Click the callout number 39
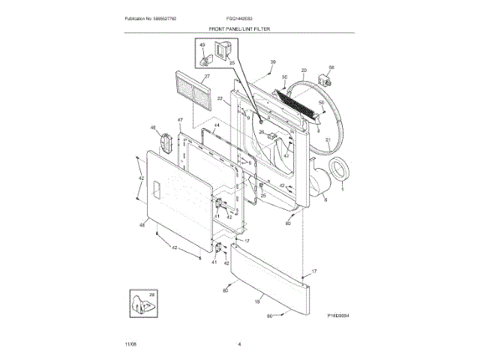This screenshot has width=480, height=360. [x=273, y=61]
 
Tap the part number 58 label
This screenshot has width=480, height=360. [x=331, y=67]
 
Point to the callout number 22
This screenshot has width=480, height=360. [x=220, y=98]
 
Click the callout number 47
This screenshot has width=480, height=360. [x=180, y=120]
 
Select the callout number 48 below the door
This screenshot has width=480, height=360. [x=142, y=224]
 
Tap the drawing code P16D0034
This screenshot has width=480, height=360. [x=339, y=316]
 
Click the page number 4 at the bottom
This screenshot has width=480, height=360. [x=239, y=343]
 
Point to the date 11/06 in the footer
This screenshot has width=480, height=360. [x=130, y=343]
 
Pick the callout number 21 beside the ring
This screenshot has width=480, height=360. [x=327, y=140]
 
